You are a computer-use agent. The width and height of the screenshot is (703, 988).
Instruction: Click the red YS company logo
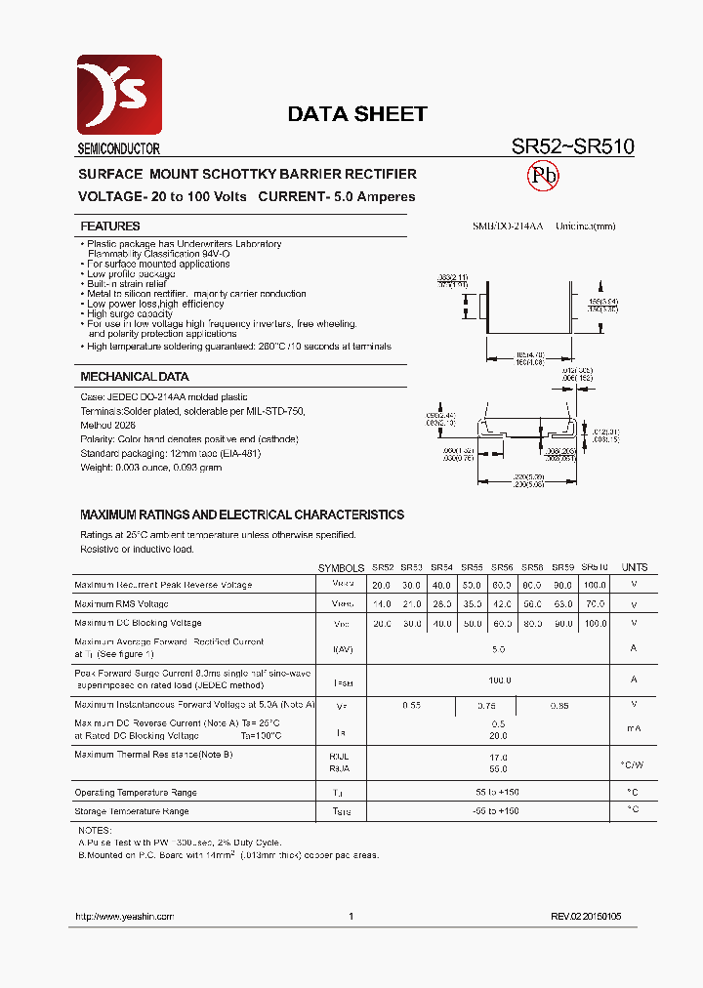(119, 95)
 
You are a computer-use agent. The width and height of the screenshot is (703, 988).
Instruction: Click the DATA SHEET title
(356, 114)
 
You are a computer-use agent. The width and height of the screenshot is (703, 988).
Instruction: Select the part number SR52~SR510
(573, 146)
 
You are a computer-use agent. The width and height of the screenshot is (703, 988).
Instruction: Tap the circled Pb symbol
(543, 176)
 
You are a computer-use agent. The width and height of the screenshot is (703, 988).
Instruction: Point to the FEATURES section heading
(109, 226)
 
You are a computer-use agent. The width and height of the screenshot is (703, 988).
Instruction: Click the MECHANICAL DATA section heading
(134, 377)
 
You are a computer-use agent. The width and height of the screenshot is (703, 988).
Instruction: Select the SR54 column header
(441, 567)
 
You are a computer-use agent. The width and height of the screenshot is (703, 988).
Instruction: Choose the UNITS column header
(634, 567)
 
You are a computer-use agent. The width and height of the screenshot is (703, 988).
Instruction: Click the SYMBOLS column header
(341, 567)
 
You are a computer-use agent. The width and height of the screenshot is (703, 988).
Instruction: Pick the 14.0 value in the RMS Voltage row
(381, 604)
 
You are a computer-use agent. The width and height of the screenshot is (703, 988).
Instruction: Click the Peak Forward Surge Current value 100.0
(498, 679)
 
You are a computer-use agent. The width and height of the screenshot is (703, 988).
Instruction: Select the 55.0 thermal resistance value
(498, 769)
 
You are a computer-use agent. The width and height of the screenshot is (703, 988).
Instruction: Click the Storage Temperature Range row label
(131, 811)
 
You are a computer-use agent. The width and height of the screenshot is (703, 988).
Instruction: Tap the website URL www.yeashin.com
(124, 917)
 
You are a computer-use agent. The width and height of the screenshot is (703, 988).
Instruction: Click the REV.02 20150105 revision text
(585, 917)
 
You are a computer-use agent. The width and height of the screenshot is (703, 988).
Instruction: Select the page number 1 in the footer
(351, 917)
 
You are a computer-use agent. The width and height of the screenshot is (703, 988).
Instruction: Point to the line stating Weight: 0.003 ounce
(150, 468)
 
